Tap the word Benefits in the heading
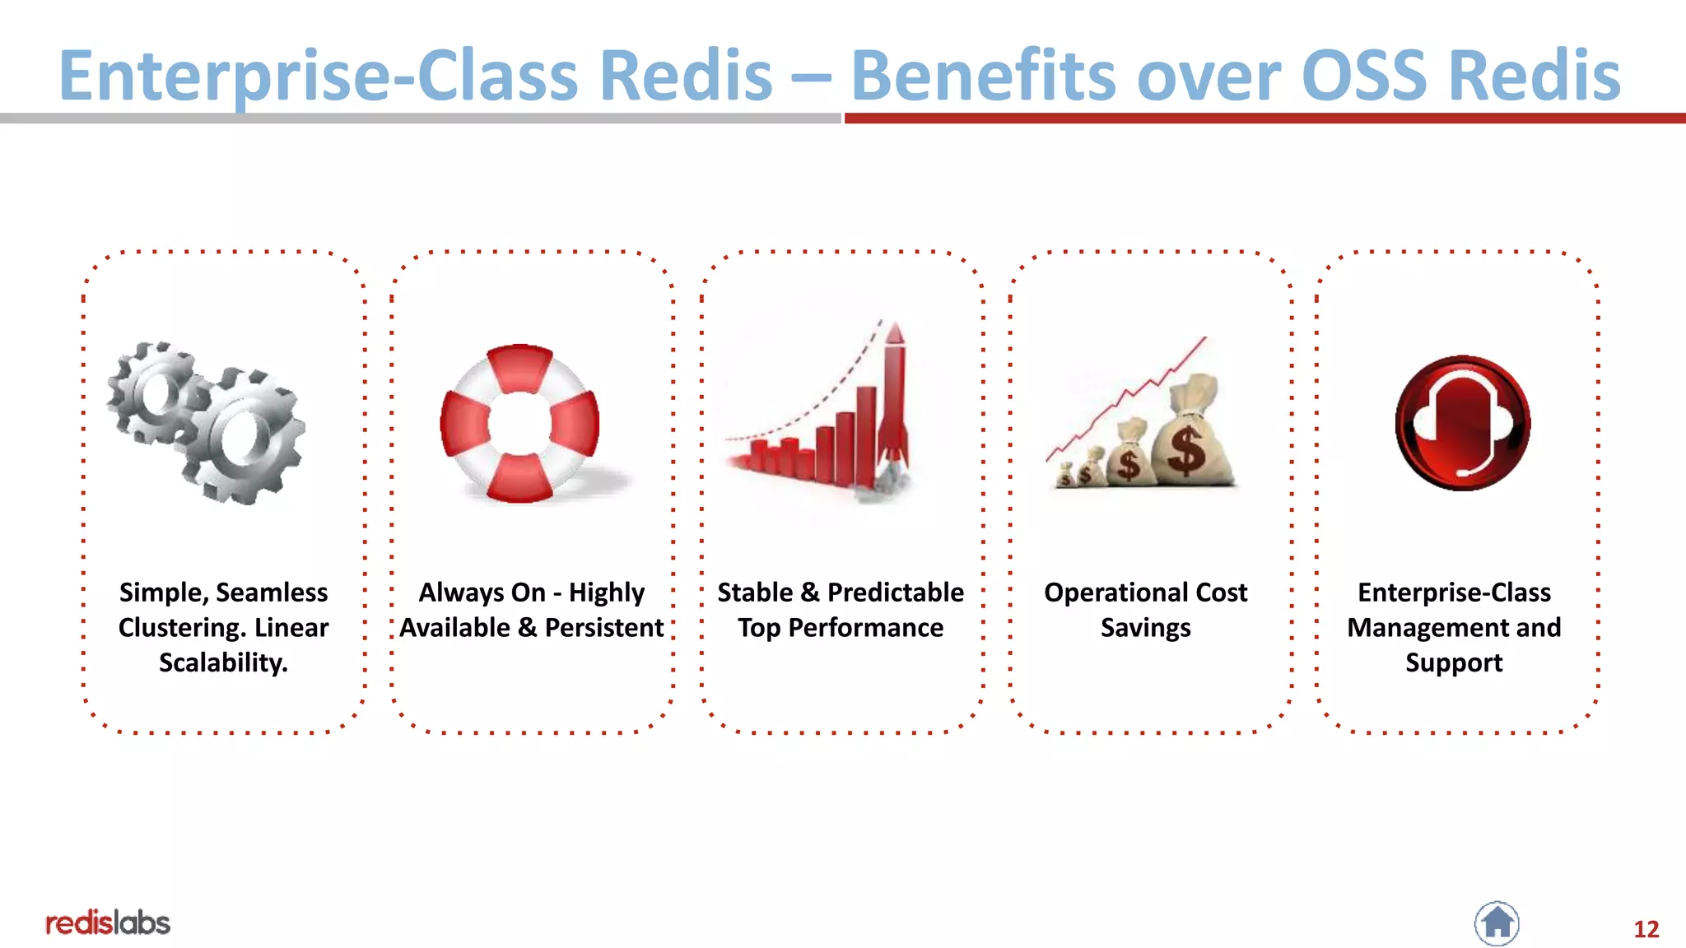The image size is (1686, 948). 983,76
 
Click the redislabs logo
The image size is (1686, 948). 108,923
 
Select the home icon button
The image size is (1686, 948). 1497,923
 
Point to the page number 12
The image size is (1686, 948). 1646,929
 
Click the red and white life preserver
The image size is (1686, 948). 519,423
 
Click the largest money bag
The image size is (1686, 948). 1190,436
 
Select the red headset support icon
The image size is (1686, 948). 1462,423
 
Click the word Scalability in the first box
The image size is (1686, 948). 222,663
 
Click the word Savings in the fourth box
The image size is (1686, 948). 1145,628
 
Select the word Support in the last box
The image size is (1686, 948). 1454,663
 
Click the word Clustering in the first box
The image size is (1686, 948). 182,628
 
